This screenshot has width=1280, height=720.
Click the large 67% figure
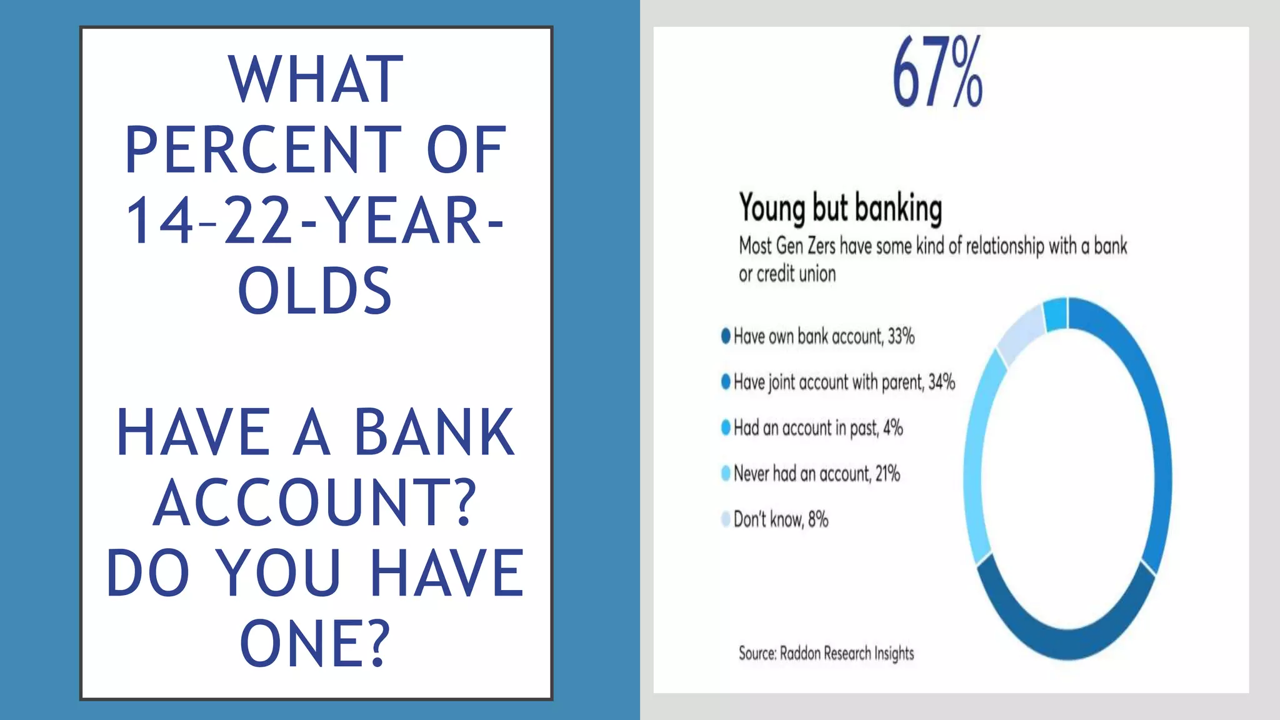point(937,72)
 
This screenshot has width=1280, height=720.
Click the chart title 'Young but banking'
point(840,207)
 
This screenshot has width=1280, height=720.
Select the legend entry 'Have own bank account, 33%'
point(823,336)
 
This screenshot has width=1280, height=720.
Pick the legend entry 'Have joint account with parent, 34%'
point(844,382)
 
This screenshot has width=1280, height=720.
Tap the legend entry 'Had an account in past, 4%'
point(817,428)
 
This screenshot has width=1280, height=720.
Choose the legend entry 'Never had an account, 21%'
point(816,474)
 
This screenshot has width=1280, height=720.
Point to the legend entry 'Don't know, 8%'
point(781,519)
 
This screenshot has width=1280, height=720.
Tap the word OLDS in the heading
point(315,291)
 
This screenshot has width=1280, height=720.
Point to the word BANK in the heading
point(434,432)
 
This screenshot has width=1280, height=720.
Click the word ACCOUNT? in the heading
point(315,503)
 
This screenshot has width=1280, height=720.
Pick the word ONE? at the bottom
point(315,644)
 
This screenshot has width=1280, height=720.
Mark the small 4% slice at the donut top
point(1056,314)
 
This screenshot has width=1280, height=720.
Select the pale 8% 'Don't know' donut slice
point(1020,331)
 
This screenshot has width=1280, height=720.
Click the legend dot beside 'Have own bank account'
point(726,336)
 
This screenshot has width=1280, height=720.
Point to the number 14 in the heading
point(159,221)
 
